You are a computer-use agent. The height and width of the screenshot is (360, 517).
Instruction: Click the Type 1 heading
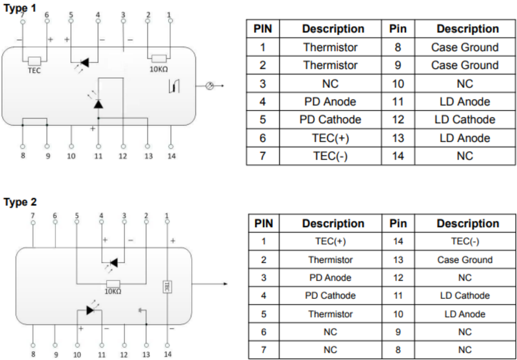20,8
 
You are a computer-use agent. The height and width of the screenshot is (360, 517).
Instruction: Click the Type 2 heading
20,202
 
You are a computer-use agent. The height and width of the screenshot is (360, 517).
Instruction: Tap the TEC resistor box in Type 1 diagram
34,61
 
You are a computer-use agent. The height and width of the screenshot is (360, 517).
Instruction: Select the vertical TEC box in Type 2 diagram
167,287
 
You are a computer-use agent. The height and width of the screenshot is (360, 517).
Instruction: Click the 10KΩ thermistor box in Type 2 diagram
113,284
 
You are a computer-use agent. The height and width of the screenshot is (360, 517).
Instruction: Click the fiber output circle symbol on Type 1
209,86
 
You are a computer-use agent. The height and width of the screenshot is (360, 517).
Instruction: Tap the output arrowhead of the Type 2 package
225,284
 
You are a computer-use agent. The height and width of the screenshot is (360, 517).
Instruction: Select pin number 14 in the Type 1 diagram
171,156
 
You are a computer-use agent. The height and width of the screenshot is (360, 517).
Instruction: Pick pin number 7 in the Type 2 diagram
33,216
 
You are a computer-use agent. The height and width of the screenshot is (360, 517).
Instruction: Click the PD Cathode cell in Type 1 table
330,119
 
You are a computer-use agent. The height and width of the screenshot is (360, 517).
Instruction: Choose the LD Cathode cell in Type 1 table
465,119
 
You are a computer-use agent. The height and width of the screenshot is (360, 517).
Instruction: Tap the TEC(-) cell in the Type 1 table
330,155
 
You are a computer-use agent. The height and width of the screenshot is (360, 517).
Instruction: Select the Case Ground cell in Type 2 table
465,260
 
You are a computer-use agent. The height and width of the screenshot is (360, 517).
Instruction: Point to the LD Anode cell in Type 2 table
465,314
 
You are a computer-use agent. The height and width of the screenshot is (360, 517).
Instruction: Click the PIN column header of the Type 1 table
263,29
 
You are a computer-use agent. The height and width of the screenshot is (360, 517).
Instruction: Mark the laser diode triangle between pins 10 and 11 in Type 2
90,310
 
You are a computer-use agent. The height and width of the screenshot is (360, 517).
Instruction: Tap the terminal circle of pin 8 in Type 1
23,146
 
